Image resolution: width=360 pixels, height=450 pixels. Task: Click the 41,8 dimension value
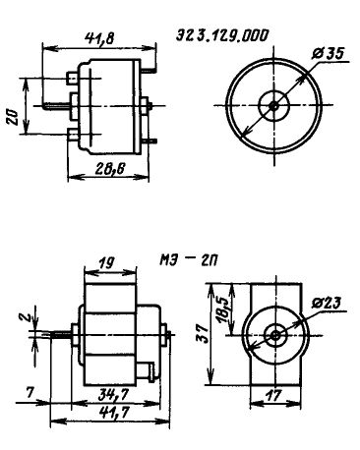[x=99, y=38]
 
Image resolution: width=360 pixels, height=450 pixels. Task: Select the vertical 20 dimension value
[x=13, y=118]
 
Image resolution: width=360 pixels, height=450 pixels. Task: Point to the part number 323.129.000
[x=222, y=35]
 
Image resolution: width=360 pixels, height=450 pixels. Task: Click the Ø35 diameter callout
[x=329, y=54]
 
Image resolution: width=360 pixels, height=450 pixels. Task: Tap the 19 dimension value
[x=106, y=262]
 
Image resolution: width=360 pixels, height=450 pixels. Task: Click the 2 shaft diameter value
[x=29, y=316]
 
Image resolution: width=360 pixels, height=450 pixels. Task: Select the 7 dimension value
[x=30, y=393]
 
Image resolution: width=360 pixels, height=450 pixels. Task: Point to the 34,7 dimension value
[x=114, y=396]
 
